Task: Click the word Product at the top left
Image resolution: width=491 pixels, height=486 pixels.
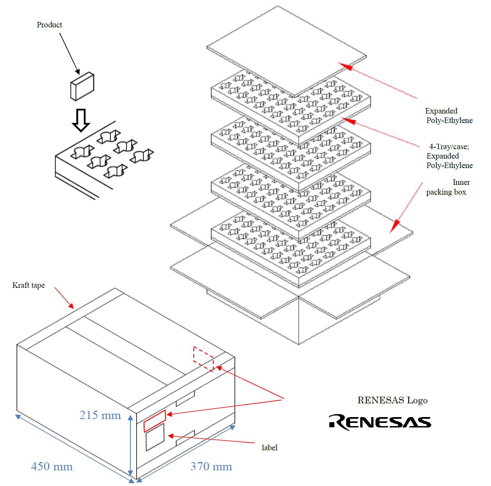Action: pos(49,25)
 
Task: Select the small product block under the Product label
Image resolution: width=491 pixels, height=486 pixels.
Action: pos(82,86)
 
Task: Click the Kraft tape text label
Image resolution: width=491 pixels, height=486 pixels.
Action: pos(29,285)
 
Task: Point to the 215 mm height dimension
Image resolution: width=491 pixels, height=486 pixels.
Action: pos(100,415)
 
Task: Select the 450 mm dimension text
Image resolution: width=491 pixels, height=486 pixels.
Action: pos(52,466)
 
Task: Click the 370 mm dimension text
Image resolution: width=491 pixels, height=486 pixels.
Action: pos(211,466)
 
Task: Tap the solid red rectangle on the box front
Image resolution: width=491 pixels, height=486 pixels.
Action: pos(155,420)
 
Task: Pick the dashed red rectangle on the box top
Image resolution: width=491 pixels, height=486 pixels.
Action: pos(203,358)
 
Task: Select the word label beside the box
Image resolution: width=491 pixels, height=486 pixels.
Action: pos(269,447)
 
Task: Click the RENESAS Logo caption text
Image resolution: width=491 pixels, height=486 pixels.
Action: pos(392,400)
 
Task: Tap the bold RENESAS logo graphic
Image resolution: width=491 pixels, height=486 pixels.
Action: pos(380,422)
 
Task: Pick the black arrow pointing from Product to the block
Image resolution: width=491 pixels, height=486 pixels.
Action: pos(70,53)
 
